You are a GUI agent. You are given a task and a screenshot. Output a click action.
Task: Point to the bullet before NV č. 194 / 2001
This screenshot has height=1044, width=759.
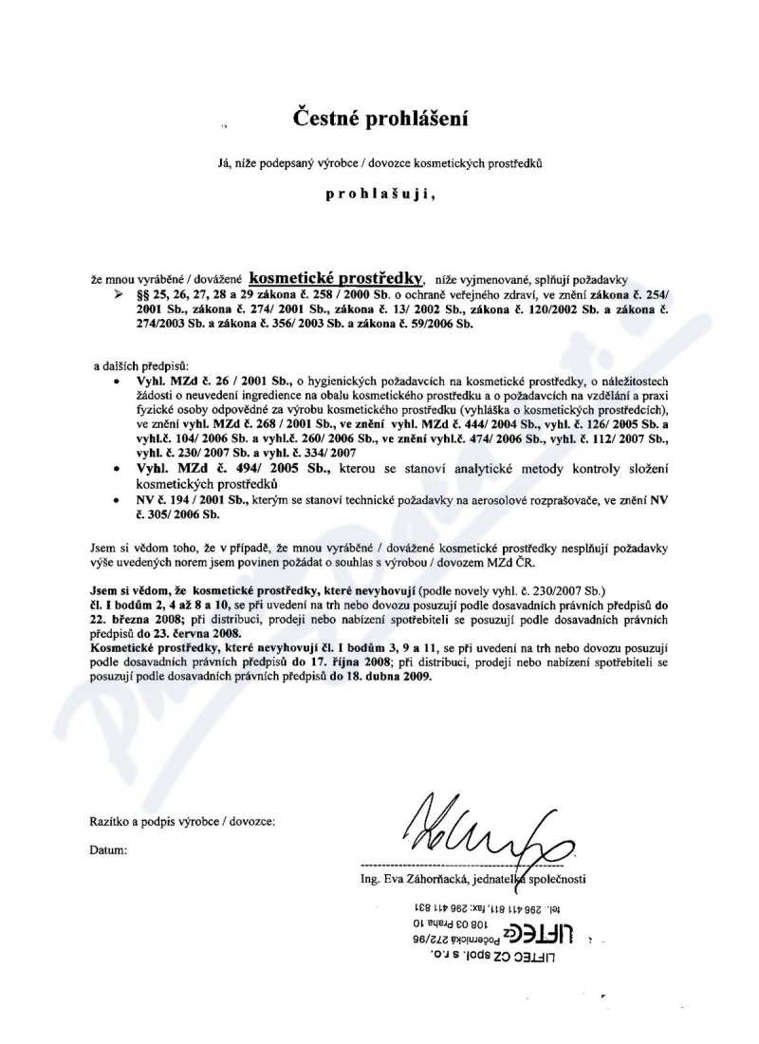(x=115, y=499)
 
